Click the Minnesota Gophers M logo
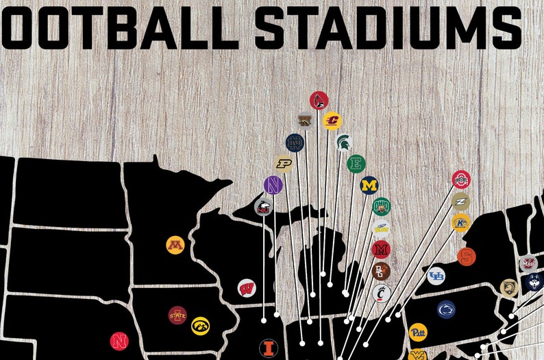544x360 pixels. [x=175, y=245]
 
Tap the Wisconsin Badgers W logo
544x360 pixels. [x=247, y=289]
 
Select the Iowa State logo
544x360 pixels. [x=177, y=315]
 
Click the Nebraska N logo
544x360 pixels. [x=119, y=340]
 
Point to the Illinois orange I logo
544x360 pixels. [x=268, y=347]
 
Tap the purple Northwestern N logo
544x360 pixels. [x=273, y=184]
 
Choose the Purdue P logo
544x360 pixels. [x=283, y=163]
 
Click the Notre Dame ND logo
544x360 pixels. [x=295, y=143]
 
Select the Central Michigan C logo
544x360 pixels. [x=332, y=121]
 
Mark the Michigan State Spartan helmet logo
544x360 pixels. [x=345, y=143]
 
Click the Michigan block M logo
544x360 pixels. [x=369, y=185]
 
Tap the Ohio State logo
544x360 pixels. [x=461, y=180]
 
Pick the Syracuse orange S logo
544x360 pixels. [x=467, y=257]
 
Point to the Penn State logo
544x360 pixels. [x=446, y=309]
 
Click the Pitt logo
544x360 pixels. [x=417, y=333]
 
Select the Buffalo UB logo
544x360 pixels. [x=436, y=276]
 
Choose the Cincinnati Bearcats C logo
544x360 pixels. [x=382, y=292]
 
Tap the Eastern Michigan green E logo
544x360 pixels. [x=356, y=164]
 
